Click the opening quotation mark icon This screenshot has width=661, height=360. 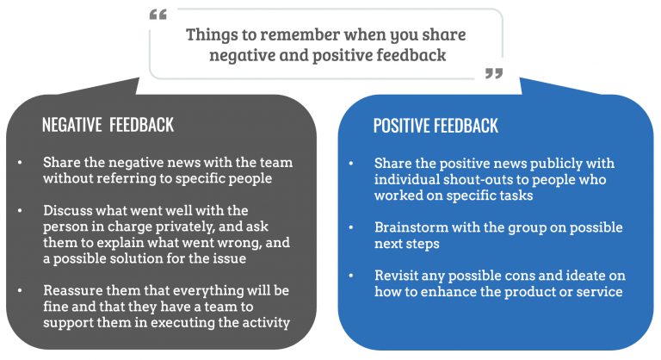158,15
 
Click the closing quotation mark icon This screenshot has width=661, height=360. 494,73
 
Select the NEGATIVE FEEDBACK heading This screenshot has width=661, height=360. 108,125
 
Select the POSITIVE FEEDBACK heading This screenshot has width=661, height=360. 436,126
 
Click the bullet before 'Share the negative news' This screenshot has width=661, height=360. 20,163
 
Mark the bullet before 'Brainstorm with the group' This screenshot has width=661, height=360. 351,228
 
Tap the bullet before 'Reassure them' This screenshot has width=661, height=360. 20,291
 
